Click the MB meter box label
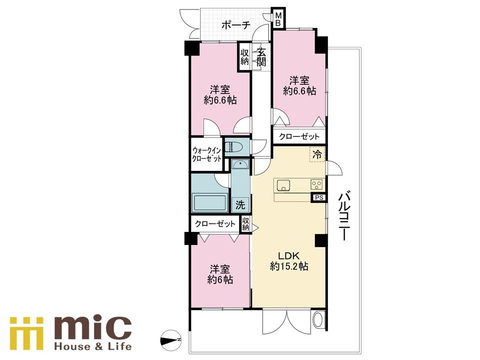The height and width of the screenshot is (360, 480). click(x=278, y=18)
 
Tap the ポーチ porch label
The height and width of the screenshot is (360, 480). click(x=235, y=25)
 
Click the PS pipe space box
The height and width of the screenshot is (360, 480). click(x=319, y=198)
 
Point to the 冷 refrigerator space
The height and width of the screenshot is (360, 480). click(x=317, y=154)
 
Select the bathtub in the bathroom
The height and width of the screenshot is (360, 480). click(x=209, y=202)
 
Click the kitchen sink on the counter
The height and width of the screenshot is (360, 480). click(x=283, y=185)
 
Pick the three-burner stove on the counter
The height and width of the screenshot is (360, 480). click(x=317, y=184)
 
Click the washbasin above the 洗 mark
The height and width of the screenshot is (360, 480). click(x=240, y=165)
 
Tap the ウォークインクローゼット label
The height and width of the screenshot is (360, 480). click(x=206, y=154)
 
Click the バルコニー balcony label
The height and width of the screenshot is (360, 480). click(x=343, y=216)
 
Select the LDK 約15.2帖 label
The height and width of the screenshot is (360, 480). click(x=288, y=261)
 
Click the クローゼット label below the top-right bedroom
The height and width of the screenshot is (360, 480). click(x=299, y=136)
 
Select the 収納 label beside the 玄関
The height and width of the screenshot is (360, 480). click(x=244, y=56)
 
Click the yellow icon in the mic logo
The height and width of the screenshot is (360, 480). click(x=26, y=333)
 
